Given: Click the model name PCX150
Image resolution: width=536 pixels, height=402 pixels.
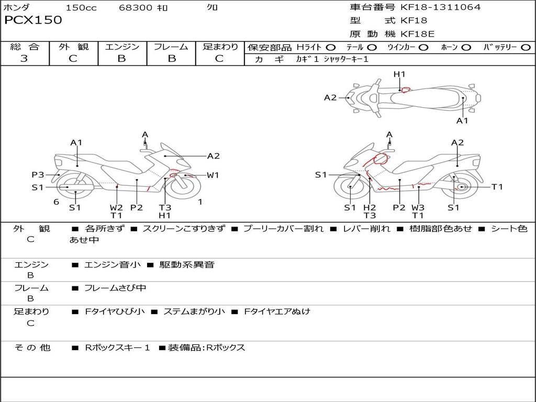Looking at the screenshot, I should point(33,20).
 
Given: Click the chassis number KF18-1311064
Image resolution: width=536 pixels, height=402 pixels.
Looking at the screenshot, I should point(440,7).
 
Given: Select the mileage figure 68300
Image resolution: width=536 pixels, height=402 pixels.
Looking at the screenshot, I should point(136,8).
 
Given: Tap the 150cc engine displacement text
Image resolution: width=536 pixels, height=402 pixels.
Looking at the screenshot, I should point(81,8).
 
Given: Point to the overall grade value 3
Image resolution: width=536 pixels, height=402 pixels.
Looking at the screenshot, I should point(24,59).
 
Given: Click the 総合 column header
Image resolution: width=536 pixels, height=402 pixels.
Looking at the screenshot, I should point(24,47).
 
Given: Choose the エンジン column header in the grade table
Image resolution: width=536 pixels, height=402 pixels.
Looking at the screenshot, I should point(122,47).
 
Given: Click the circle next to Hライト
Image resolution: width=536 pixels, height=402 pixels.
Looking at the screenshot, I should point(331,48).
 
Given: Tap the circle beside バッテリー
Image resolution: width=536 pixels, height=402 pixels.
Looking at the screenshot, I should point(526,48).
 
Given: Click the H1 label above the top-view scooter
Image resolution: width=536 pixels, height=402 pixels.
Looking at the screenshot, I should point(399,74).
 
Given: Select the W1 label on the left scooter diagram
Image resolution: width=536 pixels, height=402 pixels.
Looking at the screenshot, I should point(213,175).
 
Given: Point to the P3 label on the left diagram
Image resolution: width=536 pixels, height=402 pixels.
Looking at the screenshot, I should point(38,175).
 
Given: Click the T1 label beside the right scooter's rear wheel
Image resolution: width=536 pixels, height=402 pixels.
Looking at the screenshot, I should point(497,187).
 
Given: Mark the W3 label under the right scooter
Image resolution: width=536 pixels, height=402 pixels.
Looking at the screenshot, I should point(418,207).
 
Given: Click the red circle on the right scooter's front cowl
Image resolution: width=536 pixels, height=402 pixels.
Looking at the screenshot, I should point(381,158).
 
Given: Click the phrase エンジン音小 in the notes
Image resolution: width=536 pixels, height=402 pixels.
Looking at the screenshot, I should point(113,265).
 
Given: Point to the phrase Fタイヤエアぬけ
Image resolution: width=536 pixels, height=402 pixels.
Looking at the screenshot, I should point(277,311).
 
